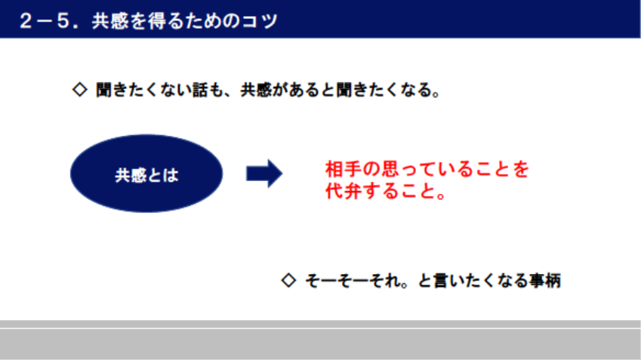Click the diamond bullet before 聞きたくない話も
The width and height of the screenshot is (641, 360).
pyautogui.click(x=80, y=90)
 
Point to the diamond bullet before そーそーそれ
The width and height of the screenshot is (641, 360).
pyautogui.click(x=288, y=280)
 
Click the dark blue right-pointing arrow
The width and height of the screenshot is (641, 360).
pyautogui.click(x=264, y=174)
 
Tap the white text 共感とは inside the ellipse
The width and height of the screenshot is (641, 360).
pyautogui.click(x=146, y=175)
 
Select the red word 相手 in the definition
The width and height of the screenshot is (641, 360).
pyautogui.click(x=344, y=169)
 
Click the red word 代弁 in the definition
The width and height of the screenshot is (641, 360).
pyautogui.click(x=344, y=190)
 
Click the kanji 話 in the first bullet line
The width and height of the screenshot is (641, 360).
pyautogui.click(x=200, y=90)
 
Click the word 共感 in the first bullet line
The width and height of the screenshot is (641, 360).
pyautogui.click(x=256, y=90)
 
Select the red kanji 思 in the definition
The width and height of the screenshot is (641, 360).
pyautogui.click(x=390, y=169)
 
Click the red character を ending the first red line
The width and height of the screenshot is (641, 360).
pyautogui.click(x=520, y=169)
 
